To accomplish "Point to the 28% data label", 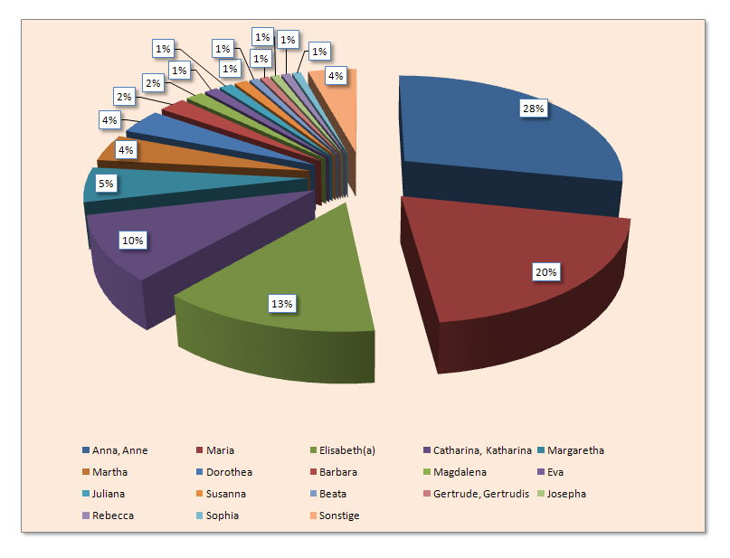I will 531,109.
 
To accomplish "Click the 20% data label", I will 546,271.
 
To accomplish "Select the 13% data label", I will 281,304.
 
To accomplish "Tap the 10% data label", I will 133,241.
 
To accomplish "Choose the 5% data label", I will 106,184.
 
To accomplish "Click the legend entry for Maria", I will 220,450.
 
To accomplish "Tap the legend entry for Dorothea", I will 229,472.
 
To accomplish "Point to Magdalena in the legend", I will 347,472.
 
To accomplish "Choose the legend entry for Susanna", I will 225,494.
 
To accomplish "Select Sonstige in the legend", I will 339,515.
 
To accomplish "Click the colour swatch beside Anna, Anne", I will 85,450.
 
